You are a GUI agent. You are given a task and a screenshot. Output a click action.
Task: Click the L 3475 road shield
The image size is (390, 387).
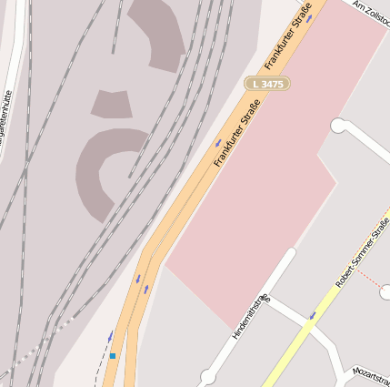(x=267, y=84)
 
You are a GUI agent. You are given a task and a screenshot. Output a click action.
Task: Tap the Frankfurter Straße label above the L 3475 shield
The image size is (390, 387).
(x=290, y=37)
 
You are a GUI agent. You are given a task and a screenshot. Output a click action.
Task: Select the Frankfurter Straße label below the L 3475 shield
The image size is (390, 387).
(x=237, y=132)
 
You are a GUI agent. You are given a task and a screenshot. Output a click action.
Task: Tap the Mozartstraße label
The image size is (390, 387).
(x=374, y=375)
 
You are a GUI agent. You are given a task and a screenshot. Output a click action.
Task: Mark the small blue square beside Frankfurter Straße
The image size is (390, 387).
(x=113, y=356)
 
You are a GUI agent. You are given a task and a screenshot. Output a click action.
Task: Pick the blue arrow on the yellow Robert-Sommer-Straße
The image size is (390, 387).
(x=312, y=316)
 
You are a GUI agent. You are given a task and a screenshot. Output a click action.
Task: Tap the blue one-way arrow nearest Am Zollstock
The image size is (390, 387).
(x=309, y=17)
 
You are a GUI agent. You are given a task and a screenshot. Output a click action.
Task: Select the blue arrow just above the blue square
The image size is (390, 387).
(x=111, y=336)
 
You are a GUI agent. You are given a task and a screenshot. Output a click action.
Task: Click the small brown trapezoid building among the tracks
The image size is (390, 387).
(x=111, y=104)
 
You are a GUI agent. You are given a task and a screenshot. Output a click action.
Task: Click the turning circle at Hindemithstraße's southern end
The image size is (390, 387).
(x=207, y=376)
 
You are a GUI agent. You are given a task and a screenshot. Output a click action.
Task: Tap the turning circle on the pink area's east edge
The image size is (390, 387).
(x=340, y=126)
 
